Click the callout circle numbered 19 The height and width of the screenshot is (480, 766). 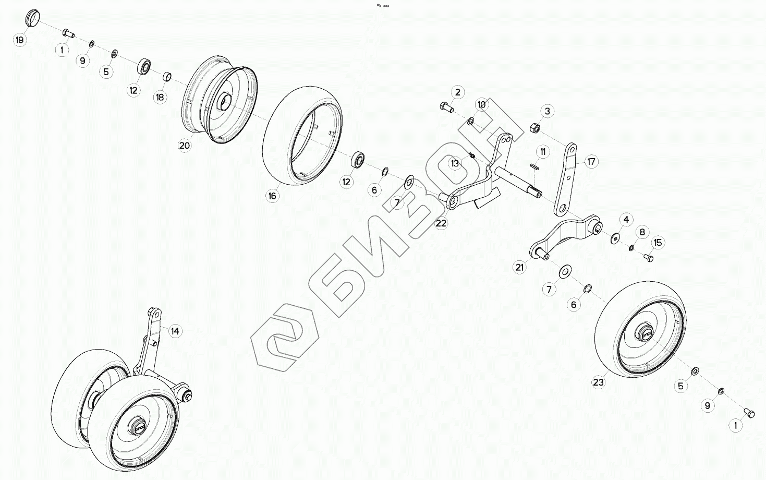pos(20,40)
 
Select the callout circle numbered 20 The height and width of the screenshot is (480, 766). pos(185,146)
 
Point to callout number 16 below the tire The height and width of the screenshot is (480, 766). pos(272,196)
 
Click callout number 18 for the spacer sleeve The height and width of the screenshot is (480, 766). pos(160,97)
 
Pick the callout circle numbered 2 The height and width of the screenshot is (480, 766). pos(457,93)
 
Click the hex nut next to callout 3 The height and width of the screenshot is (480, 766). pos(534,127)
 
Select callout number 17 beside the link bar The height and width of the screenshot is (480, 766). pos(591,162)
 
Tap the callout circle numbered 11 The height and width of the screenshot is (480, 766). pos(543,152)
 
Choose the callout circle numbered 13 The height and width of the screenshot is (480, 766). pos(455,163)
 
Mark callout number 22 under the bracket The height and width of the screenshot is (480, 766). pos(441,223)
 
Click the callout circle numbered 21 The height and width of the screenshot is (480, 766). pos(519,268)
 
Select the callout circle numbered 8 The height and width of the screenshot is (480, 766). pos(642,232)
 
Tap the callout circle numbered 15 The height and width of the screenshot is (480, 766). pos(658,242)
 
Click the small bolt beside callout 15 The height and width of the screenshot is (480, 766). pos(648,257)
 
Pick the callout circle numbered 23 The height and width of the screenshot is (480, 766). pos(598,382)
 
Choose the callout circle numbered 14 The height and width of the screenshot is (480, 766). pos(175,331)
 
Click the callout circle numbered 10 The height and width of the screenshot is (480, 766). pos(481,105)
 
